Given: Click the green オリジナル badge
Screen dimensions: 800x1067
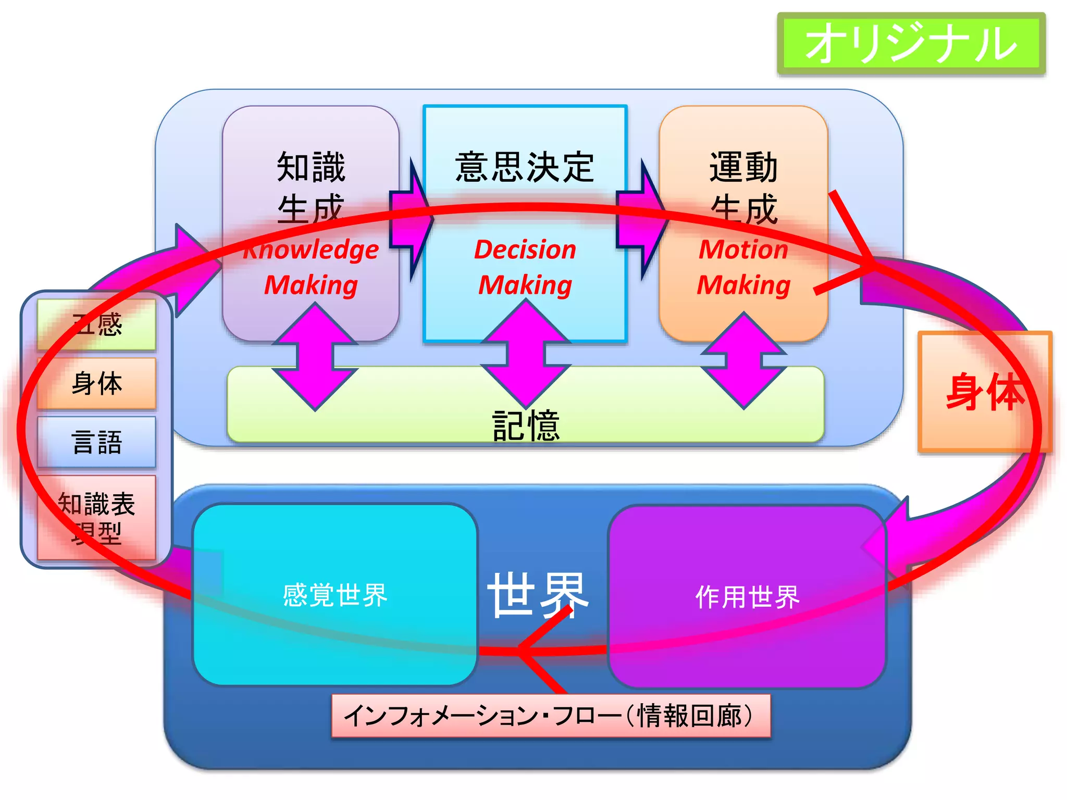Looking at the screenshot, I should tap(911, 44).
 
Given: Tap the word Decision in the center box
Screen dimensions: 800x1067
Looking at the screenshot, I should tap(525, 249).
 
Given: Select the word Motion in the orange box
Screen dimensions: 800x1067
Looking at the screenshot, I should tap(743, 249).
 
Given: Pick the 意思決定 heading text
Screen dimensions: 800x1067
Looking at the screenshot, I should tap(525, 167).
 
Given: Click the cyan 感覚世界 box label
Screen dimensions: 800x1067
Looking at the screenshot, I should tap(335, 595).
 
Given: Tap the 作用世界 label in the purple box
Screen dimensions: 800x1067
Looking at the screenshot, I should tap(747, 597).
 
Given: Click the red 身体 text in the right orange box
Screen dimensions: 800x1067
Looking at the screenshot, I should tap(984, 392).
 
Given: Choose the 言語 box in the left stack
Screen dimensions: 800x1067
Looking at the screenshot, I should tap(97, 442).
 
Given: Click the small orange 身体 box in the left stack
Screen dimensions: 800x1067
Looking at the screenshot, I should tap(97, 383).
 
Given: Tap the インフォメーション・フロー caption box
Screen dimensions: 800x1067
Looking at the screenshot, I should tap(551, 716).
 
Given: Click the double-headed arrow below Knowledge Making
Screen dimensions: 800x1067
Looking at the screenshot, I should tap(315, 357).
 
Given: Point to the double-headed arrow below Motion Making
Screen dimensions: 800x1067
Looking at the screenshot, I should tap(743, 360).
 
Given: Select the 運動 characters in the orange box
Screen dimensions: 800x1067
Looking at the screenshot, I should tap(743, 167).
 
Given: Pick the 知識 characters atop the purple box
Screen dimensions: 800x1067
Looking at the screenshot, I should tap(311, 167).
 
